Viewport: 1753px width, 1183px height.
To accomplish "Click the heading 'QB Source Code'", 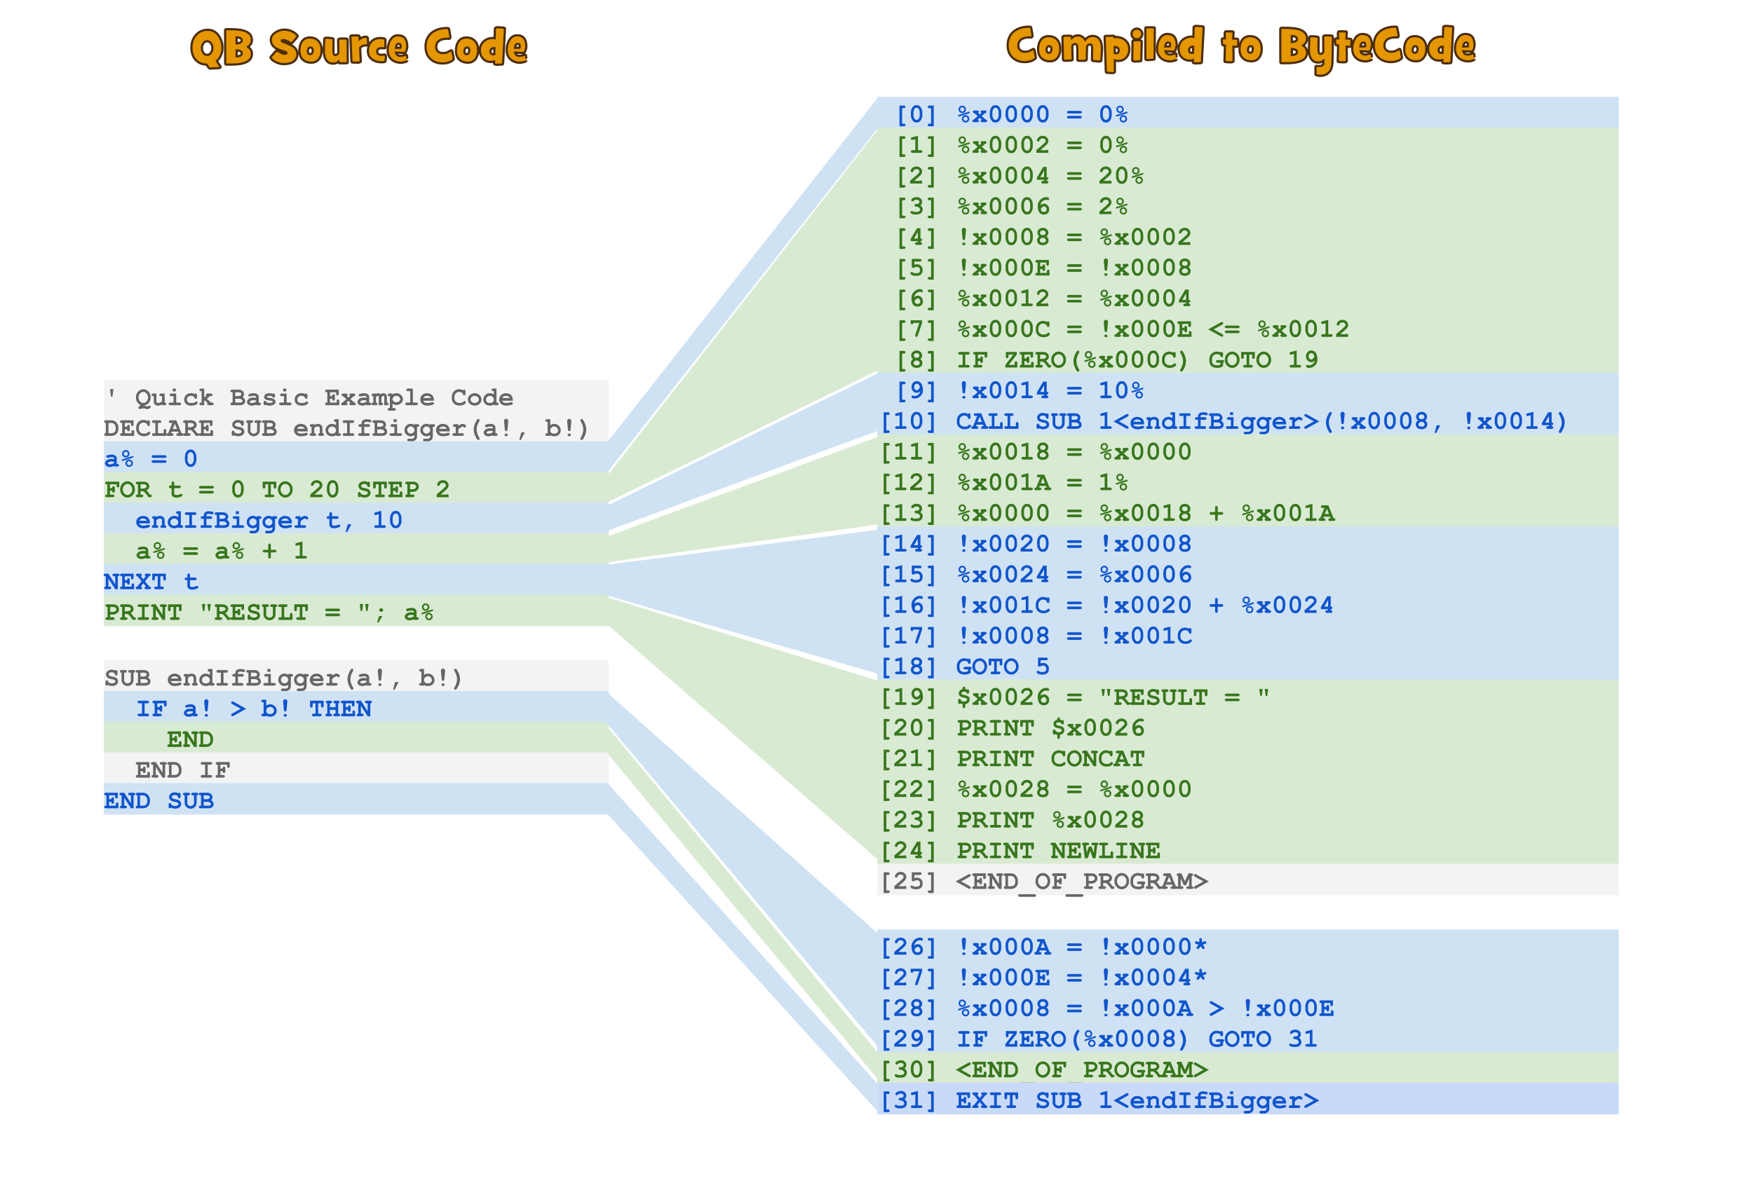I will tap(358, 47).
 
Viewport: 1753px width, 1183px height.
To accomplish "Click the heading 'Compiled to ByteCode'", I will tap(1240, 47).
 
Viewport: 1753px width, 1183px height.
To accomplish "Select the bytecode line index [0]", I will tap(915, 115).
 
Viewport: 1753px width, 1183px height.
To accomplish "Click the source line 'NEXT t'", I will tap(151, 581).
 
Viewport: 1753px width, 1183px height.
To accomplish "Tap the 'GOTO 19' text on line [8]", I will tap(1263, 360).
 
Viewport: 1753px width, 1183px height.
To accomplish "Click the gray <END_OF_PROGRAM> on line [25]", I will tap(1081, 881).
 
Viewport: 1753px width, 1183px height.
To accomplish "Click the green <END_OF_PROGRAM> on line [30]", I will tap(1081, 1069).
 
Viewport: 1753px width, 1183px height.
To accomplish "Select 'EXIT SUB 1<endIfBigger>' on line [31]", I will tap(1137, 1100).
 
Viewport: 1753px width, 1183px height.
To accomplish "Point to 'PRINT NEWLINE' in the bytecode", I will tap(1057, 851).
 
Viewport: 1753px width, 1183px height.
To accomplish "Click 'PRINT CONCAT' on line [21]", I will tap(1050, 758).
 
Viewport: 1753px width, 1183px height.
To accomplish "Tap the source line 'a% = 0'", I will tap(151, 458).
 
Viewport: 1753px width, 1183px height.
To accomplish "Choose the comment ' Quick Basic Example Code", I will tap(309, 397).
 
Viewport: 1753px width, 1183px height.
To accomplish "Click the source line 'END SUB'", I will tap(158, 801).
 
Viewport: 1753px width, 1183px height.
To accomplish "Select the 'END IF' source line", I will tap(182, 770).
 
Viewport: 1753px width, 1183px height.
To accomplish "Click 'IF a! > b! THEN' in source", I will tap(253, 709).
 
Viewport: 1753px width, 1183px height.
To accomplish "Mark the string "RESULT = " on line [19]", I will tap(1184, 697).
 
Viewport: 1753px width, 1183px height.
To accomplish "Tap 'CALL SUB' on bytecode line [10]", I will tap(1018, 420).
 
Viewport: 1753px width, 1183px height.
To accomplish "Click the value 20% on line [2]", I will tap(1120, 176).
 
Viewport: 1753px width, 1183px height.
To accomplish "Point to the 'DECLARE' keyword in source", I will tap(158, 428).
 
